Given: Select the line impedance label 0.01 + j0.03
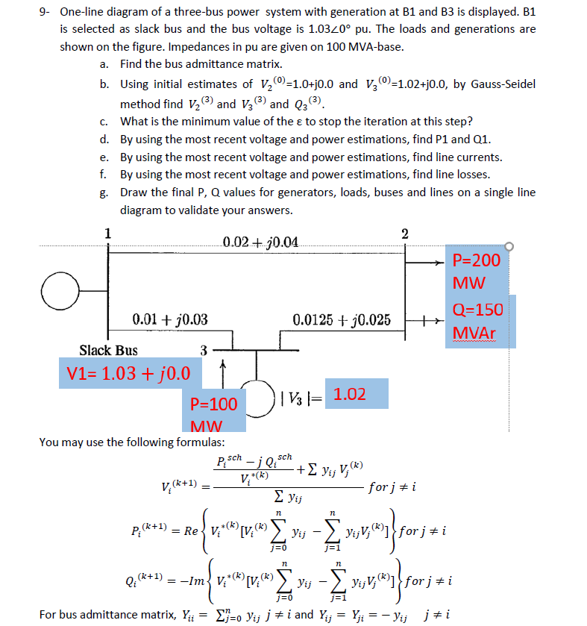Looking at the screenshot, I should (169, 320).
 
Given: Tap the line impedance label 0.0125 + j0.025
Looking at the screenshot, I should (342, 320).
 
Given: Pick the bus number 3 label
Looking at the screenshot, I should (204, 349).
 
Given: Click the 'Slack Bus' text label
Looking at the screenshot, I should (108, 350).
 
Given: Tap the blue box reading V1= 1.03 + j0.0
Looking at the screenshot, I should (124, 372).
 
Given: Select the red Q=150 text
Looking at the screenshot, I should (477, 309).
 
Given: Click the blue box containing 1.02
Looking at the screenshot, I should (350, 394).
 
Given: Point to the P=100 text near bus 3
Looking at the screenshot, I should (213, 404).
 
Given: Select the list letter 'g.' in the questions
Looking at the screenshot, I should (104, 193).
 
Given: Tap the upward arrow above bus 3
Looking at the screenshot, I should (221, 367).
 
